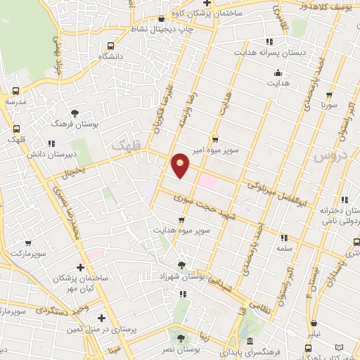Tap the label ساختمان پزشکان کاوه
tap(210, 13)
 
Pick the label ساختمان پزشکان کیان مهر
tap(80, 282)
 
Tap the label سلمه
tap(284, 247)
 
